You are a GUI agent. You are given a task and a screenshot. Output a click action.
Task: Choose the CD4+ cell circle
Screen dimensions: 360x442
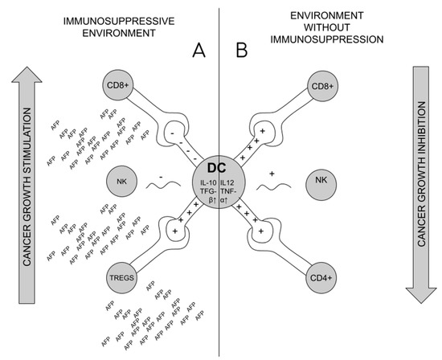coord(325,279)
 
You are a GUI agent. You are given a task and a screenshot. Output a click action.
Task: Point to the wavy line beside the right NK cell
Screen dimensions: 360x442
coord(278,187)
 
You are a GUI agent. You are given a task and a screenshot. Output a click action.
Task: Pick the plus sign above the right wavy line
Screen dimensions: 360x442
coord(272,172)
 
